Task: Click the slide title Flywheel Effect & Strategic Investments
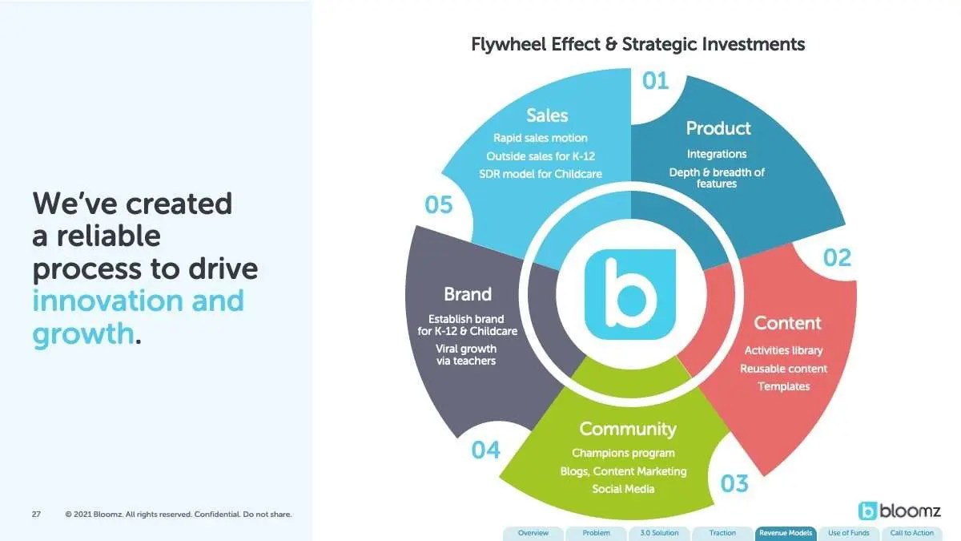tap(638, 45)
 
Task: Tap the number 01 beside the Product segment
tap(655, 81)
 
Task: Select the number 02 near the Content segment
tap(837, 257)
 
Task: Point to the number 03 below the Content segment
tap(734, 483)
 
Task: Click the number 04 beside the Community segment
tap(485, 450)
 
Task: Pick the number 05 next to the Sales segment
tap(439, 204)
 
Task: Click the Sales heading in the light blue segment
tap(547, 115)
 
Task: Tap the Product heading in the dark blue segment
tap(718, 128)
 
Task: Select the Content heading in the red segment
tap(787, 323)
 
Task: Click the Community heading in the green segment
tap(628, 429)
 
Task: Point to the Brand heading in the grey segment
tap(468, 294)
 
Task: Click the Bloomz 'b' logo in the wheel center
tap(629, 295)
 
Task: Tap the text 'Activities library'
tap(783, 350)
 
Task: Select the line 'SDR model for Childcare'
tap(540, 174)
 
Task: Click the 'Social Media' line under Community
tap(623, 489)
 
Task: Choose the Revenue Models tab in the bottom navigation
tap(786, 533)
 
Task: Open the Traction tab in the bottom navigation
tap(722, 533)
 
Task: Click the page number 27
tap(36, 514)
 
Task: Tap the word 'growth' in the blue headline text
tap(83, 333)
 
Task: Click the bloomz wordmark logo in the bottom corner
tap(899, 511)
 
